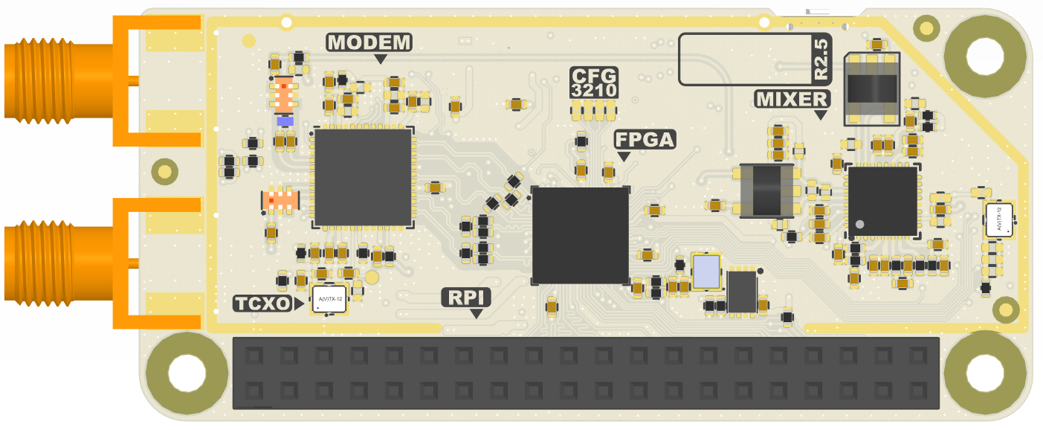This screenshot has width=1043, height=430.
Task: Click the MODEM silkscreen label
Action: coord(369,42)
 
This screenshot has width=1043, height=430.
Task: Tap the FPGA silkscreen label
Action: coord(645,139)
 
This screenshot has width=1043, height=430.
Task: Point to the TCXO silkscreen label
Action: coord(262,303)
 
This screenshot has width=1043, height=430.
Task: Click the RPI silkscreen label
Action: coord(466,298)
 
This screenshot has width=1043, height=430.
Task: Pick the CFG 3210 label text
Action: coord(593,83)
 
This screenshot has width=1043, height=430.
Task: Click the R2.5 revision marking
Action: coord(821,60)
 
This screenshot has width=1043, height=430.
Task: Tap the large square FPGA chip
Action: coord(581,235)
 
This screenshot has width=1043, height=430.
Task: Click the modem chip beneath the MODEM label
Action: coord(363,178)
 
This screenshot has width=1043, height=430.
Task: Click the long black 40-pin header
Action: coord(586,373)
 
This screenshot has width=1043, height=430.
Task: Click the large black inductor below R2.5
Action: coord(871,89)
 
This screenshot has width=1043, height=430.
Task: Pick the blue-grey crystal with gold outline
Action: coord(705,272)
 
